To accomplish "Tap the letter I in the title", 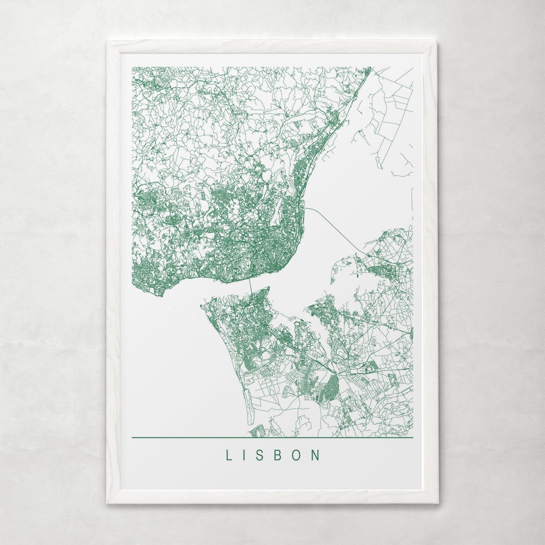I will [245, 456].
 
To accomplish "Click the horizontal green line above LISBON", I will [272, 438].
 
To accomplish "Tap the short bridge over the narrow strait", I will [250, 286].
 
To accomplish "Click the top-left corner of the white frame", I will [108, 42].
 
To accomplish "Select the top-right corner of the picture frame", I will [437, 42].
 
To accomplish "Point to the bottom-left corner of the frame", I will [108, 503].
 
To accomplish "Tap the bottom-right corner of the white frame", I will [438, 503].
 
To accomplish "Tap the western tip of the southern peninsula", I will [201, 305].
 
